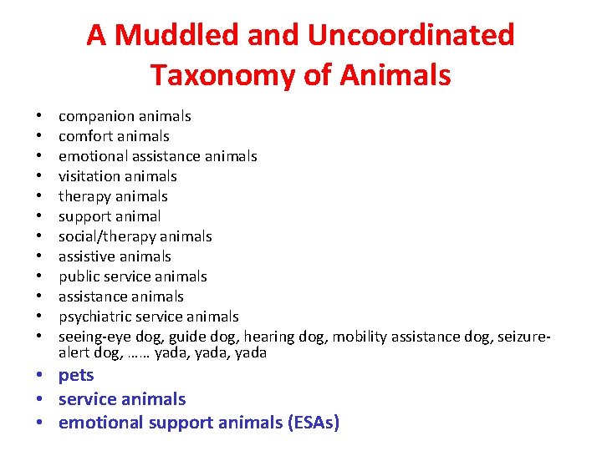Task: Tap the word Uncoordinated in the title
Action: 411,35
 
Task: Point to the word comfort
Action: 84,136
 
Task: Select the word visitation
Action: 88,176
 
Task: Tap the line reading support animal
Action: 109,216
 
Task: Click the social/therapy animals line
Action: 135,236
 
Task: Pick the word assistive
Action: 85,256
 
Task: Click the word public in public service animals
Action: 78,276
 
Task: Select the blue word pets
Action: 76,376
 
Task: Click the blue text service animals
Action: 122,399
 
